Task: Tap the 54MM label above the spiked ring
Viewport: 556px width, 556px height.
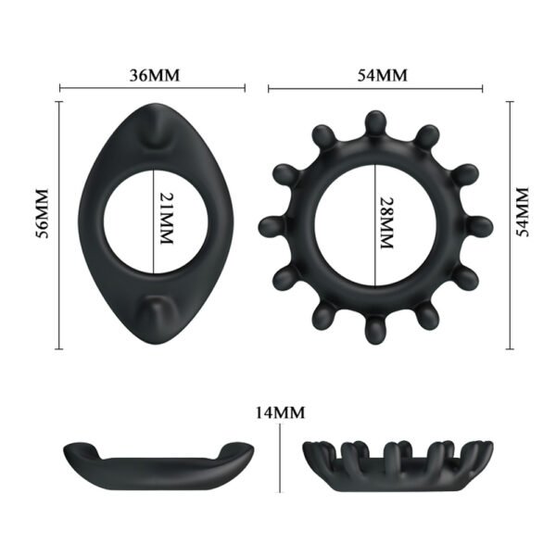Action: click(376, 75)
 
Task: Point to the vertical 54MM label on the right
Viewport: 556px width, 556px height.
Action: click(524, 212)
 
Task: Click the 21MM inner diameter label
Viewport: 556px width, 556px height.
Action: click(167, 220)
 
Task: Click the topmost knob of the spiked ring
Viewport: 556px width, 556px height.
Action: click(374, 123)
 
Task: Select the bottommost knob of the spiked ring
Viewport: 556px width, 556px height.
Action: click(374, 331)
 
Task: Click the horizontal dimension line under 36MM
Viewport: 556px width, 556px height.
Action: click(152, 89)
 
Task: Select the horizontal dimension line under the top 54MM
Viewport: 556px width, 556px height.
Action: click(375, 89)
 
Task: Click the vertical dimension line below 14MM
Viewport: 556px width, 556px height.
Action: click(282, 463)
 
